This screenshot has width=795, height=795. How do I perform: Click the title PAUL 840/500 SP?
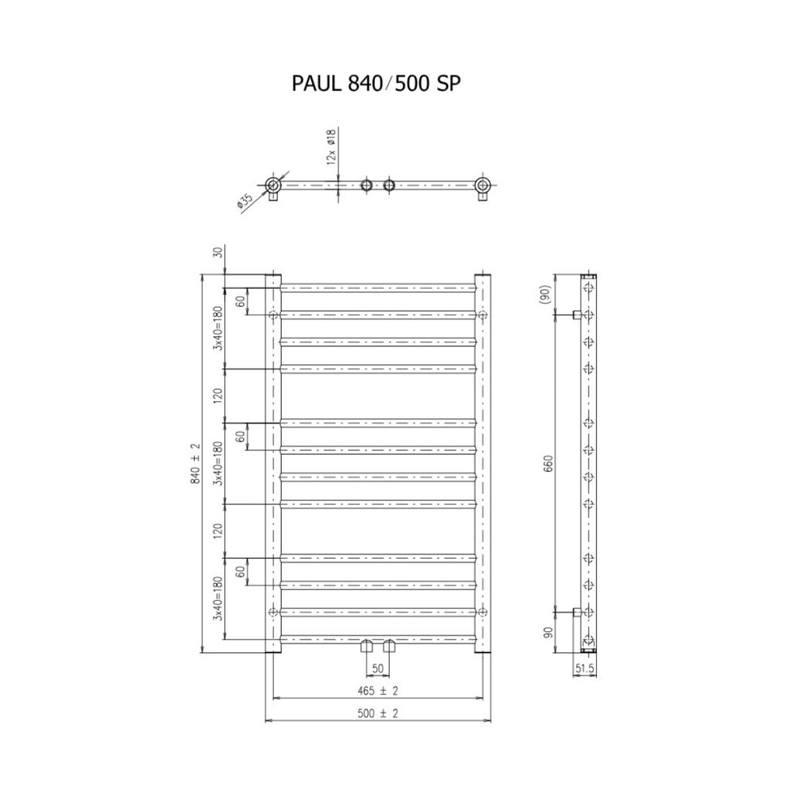pyautogui.click(x=377, y=84)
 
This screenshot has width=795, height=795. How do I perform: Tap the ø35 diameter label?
pyautogui.click(x=245, y=201)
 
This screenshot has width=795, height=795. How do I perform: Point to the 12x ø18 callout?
pyautogui.click(x=331, y=147)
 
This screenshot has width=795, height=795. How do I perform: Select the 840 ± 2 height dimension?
pyautogui.click(x=196, y=463)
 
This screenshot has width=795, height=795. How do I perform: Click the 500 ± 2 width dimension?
pyautogui.click(x=378, y=713)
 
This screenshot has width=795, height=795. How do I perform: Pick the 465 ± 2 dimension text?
pyautogui.click(x=378, y=690)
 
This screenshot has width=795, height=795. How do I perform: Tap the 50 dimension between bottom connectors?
pyautogui.click(x=378, y=668)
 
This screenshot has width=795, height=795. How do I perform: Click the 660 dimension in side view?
pyautogui.click(x=548, y=463)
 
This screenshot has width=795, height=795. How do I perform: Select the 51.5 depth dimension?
pyautogui.click(x=584, y=668)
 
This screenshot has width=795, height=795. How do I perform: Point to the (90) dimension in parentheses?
pyautogui.click(x=544, y=295)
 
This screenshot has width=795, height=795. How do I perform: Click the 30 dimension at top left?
pyautogui.click(x=218, y=252)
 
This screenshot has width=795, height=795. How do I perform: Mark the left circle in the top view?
pyautogui.click(x=273, y=185)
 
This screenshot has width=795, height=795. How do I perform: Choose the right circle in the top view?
pyautogui.click(x=483, y=185)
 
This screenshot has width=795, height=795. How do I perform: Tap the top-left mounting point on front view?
pyautogui.click(x=273, y=315)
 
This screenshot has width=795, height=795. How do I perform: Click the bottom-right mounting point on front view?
pyautogui.click(x=483, y=612)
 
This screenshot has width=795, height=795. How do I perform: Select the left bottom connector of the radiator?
pyautogui.click(x=366, y=646)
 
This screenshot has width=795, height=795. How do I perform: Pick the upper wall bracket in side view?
pyautogui.click(x=577, y=315)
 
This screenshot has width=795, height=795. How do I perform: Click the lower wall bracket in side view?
pyautogui.click(x=577, y=612)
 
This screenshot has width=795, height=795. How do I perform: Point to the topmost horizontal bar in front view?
pyautogui.click(x=378, y=288)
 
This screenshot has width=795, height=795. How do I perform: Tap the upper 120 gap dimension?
pyautogui.click(x=218, y=395)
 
